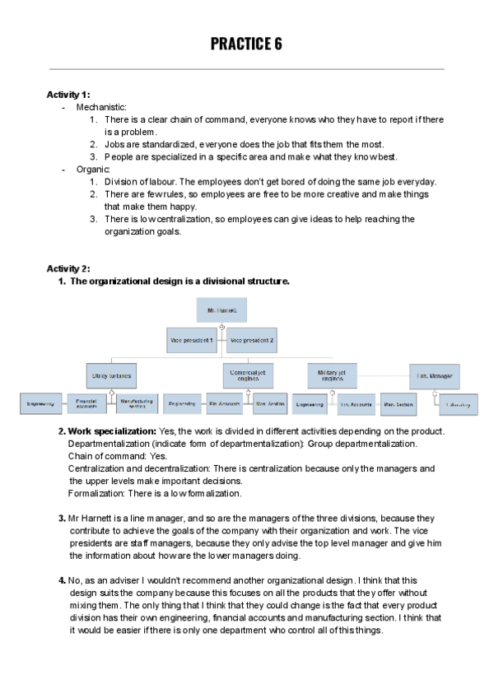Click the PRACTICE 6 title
[246, 44]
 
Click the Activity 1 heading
[68, 95]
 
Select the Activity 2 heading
[68, 268]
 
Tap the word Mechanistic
[101, 107]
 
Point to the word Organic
[93, 169]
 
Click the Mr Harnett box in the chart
[221, 309]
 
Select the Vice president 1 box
[192, 340]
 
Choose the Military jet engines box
[331, 375]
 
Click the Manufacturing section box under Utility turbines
[137, 403]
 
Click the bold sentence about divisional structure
[179, 282]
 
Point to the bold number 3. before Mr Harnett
[62, 518]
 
